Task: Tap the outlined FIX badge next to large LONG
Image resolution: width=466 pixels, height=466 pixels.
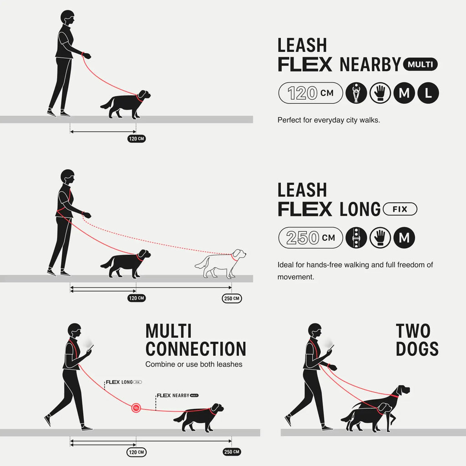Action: (400, 209)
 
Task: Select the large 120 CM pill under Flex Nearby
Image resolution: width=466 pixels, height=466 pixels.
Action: (310, 93)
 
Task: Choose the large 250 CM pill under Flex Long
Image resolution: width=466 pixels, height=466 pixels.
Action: (310, 238)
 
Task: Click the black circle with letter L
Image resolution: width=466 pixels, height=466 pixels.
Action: (428, 93)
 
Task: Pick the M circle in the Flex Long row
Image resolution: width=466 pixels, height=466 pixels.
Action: (404, 238)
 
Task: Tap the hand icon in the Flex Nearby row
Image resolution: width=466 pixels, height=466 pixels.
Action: (380, 93)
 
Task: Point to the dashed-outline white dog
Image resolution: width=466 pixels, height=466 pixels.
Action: (221, 264)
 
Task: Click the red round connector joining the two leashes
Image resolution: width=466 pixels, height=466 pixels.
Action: (136, 407)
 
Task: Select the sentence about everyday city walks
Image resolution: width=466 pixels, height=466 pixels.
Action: (329, 121)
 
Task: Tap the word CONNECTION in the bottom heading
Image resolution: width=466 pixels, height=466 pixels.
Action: (196, 349)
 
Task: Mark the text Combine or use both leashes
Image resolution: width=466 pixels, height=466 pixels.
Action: (194, 364)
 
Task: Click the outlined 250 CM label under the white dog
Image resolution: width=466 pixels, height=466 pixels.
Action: (232, 299)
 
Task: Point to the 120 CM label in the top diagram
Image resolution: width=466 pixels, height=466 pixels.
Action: (137, 138)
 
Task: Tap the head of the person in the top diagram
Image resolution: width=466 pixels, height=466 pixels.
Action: (66, 18)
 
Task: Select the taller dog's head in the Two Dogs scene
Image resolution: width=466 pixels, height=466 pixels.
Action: (402, 391)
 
